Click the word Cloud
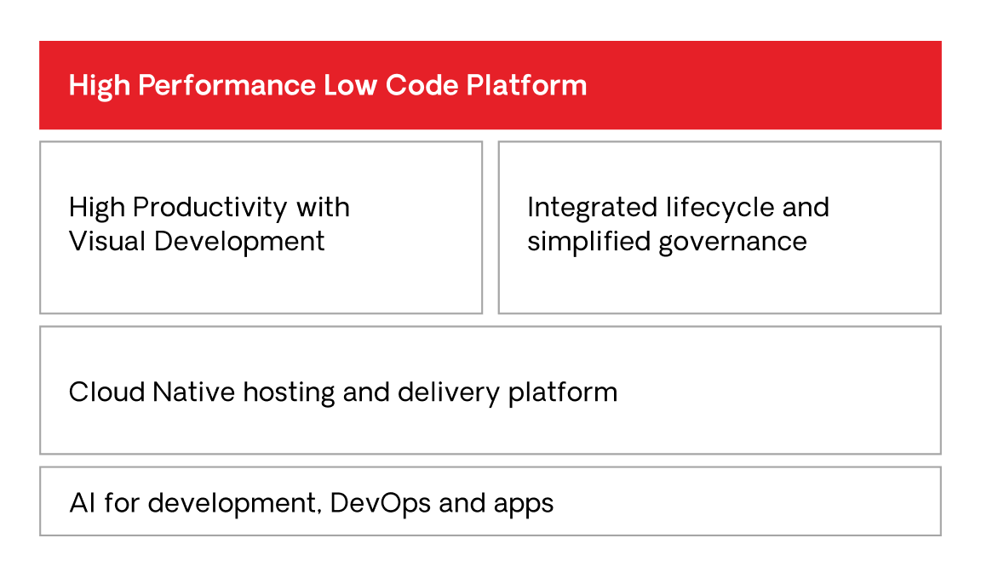tap(106, 392)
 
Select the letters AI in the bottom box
tap(83, 503)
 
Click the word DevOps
tap(380, 503)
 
